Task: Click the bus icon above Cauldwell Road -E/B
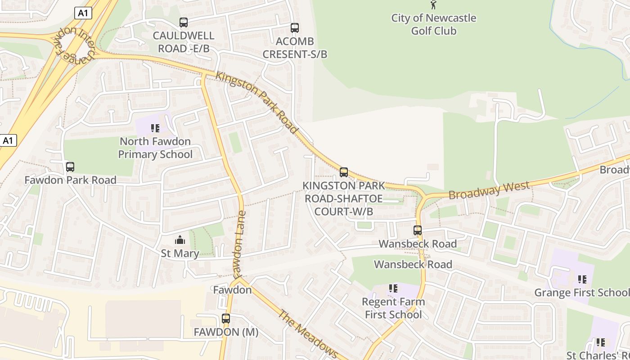pos(183,22)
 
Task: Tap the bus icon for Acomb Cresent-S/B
pos(295,28)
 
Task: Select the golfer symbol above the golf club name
pos(433,5)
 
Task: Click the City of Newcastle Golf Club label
pos(434,24)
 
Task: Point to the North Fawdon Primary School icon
pos(155,128)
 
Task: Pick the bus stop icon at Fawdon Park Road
pos(70,167)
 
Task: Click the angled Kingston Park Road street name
pos(257,102)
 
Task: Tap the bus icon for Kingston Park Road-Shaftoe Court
pos(344,172)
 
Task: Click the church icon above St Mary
pos(180,240)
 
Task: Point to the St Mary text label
pos(180,253)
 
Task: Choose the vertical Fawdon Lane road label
pos(238,243)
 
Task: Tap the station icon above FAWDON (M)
pos(226,319)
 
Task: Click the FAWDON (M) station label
pos(226,332)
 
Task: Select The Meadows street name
pos(308,333)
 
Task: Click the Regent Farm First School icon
pos(393,288)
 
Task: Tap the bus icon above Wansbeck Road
pos(418,230)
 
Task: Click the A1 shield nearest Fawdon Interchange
pos(83,13)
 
